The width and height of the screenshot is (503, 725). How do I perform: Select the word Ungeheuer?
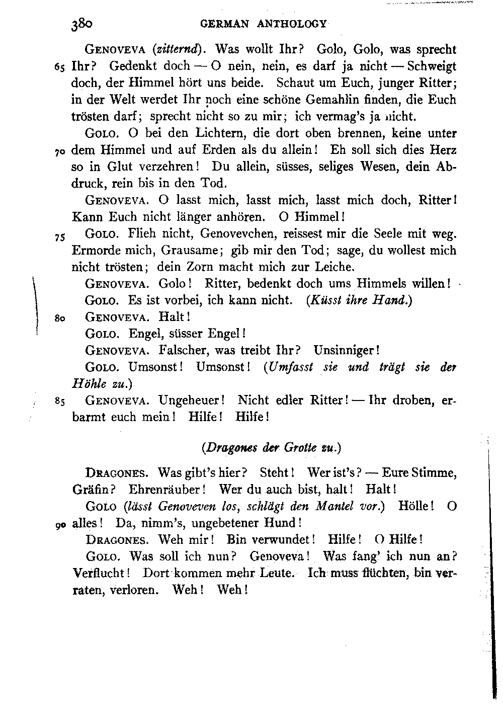click(x=191, y=400)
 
